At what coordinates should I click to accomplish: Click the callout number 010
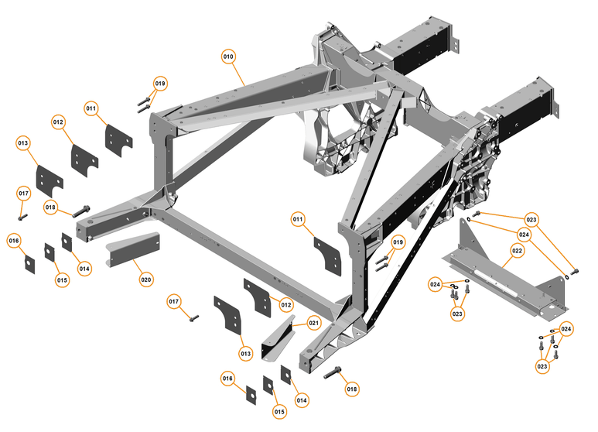point(228,57)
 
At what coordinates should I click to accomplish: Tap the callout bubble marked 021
point(313,323)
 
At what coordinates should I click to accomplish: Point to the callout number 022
point(517,251)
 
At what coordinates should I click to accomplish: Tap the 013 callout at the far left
point(23,143)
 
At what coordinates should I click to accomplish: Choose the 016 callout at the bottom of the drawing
point(227,379)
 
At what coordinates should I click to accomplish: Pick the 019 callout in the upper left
point(160,83)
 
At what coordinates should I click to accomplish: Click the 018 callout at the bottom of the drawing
point(352,389)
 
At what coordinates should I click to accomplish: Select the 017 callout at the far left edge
point(23,193)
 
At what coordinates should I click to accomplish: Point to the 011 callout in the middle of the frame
point(298,220)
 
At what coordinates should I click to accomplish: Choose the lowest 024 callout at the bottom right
point(566,329)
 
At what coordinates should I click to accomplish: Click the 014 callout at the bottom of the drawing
point(302,400)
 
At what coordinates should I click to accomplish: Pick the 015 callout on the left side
point(62,279)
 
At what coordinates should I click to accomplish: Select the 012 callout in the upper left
point(59,122)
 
